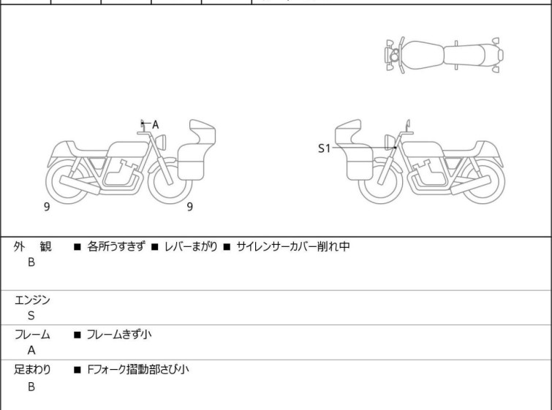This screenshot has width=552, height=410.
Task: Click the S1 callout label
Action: pos(324,148)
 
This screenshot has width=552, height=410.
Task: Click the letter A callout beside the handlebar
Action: pos(155,124)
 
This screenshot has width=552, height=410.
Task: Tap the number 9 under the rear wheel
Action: pos(47,207)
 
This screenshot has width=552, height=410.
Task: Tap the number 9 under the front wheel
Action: pos(190,207)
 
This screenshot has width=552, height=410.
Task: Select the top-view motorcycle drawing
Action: pos(444,56)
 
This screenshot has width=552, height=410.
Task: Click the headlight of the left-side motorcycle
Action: pos(161,142)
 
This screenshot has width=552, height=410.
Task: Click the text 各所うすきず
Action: pos(116,246)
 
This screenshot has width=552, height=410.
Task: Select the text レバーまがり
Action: pos(191,246)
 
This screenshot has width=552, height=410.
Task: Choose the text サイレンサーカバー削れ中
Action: pos(293,246)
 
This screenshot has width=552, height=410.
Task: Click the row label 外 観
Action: pos(32,246)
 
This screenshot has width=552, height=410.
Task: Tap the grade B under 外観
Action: pos(31,262)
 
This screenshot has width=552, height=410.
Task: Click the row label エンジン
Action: pos(32,300)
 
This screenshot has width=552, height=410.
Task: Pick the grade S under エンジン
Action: pos(31,316)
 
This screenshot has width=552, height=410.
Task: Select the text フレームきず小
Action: pos(119,334)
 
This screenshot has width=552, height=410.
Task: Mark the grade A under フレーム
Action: pos(31,351)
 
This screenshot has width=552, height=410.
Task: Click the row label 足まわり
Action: pos(32,370)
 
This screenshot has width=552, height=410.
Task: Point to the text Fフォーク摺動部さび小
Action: pos(138,370)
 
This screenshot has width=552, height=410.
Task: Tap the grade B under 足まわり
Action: pos(31,387)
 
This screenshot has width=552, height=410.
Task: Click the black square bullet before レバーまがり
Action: pos(154,247)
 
